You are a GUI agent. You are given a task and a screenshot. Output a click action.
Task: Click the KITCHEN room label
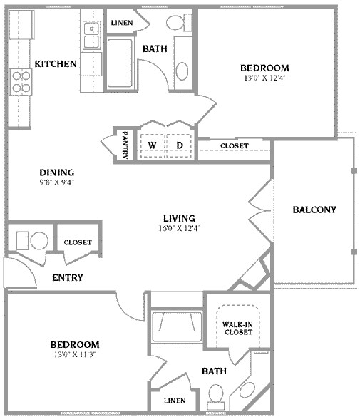56,64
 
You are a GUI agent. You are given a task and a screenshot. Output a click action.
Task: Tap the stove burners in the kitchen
20,83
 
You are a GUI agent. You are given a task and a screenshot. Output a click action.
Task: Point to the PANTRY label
124,145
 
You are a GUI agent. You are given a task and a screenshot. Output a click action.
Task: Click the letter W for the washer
152,145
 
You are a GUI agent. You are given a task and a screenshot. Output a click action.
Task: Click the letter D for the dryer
180,145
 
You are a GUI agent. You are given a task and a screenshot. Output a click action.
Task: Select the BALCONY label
314,210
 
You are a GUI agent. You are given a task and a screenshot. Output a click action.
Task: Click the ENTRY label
68,277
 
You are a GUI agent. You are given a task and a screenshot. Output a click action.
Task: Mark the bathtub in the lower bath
175,324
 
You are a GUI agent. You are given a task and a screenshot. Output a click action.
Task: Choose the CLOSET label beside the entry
78,242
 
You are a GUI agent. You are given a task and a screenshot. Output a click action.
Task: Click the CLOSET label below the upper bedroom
234,146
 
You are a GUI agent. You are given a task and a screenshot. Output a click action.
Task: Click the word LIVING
179,218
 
